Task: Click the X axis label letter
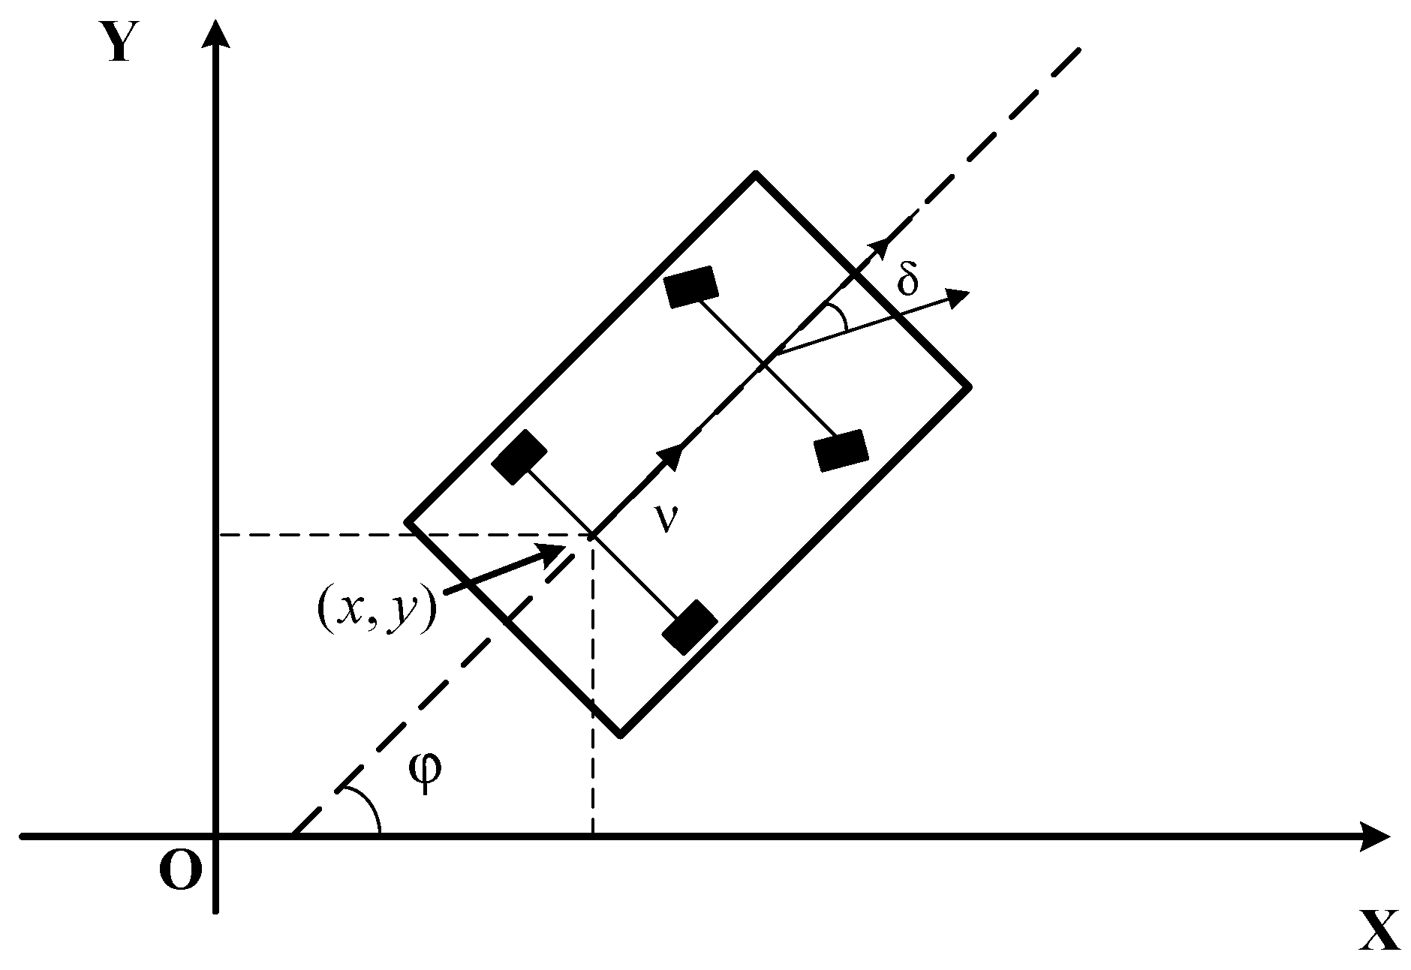1379,932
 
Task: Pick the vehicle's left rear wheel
519,456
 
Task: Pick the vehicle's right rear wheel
689,626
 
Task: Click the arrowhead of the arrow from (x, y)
555,551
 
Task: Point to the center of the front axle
765,365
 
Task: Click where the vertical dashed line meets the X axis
592,834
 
